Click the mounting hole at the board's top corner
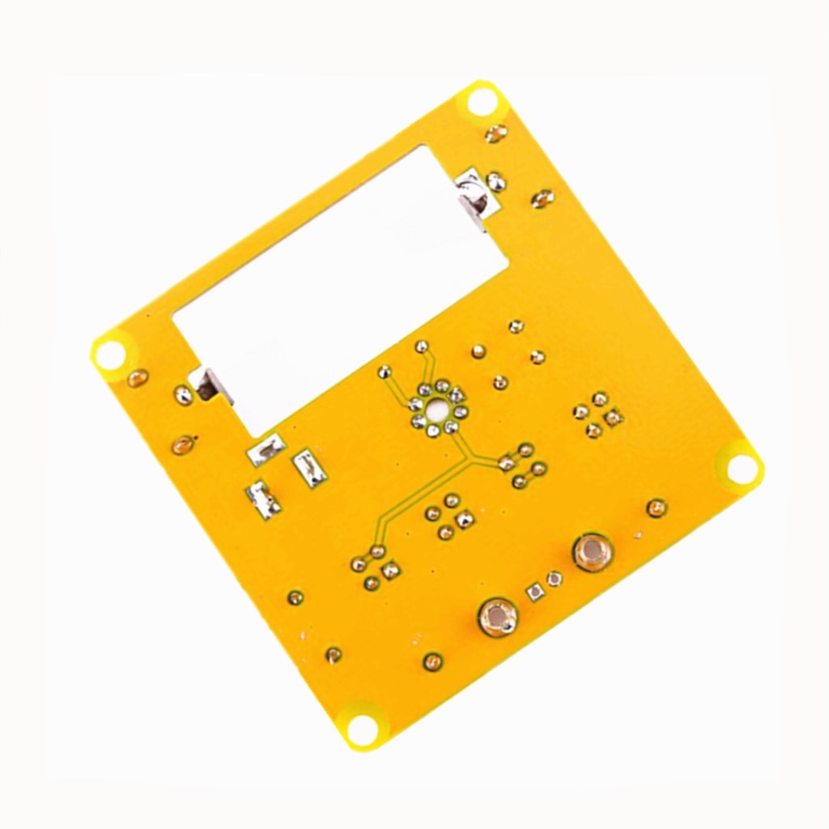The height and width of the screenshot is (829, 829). click(482, 103)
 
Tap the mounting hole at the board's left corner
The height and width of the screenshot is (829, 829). click(110, 354)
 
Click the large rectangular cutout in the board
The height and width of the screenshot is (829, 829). click(340, 283)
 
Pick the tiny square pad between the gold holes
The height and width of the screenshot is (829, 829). click(534, 591)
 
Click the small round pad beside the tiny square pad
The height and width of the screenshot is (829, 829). click(555, 579)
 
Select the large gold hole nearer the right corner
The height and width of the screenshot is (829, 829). click(593, 552)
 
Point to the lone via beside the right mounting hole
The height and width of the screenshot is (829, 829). click(657, 508)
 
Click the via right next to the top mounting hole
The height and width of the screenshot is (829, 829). click(495, 133)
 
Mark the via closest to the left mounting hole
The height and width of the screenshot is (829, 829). click(138, 377)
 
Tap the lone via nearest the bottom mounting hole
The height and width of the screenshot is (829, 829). click(333, 655)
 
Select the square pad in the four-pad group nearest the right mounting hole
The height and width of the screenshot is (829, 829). click(614, 417)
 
